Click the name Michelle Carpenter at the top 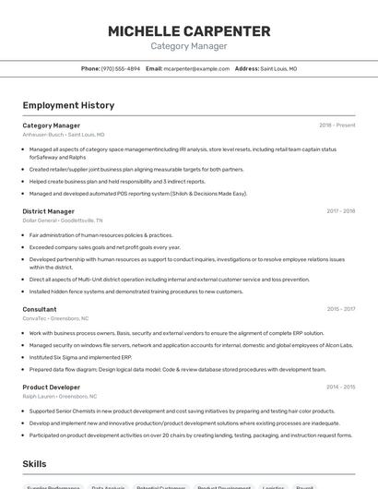189,31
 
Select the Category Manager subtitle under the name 189,46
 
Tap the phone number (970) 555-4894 121,68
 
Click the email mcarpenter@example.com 196,68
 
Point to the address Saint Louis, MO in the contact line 278,68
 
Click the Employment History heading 68,105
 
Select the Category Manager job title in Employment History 52,125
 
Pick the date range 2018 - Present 337,125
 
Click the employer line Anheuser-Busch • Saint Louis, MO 64,135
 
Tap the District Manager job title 49,211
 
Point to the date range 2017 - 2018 340,211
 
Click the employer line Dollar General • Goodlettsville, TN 63,221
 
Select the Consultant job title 40,309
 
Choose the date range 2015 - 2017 340,309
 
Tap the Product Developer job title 52,387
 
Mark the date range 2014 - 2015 340,387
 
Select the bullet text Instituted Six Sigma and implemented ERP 80,357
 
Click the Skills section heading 35,464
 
